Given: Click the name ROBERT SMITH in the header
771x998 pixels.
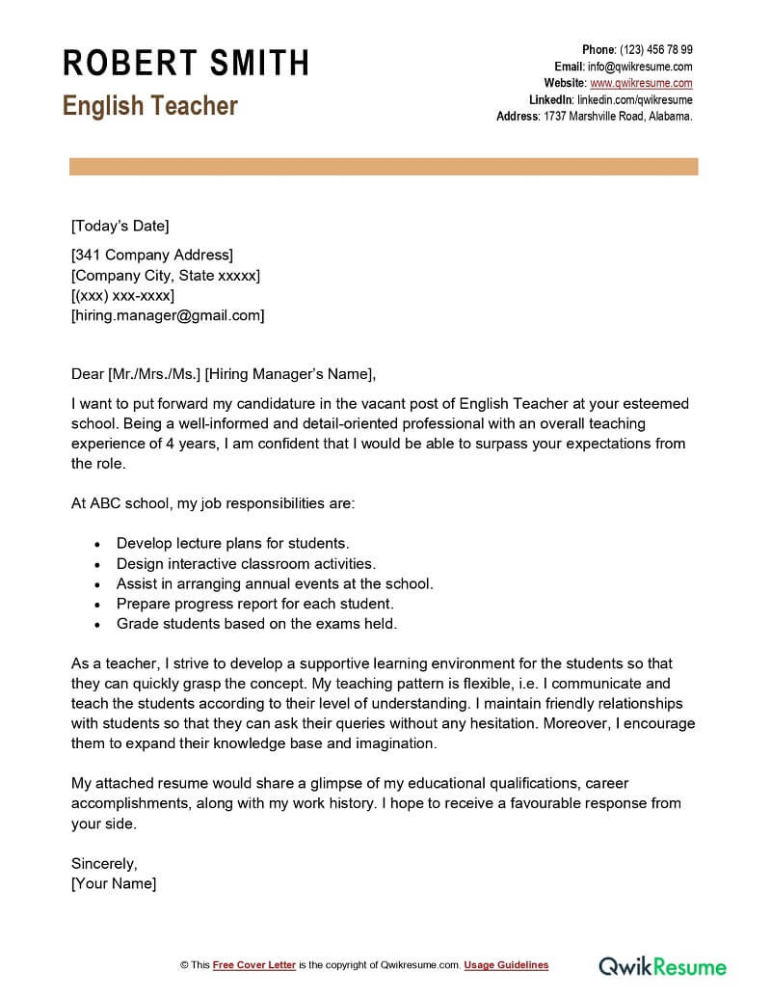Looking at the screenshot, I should pyautogui.click(x=186, y=63).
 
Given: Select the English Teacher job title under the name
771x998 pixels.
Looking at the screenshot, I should pyautogui.click(x=150, y=105).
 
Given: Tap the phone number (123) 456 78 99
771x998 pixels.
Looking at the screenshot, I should pyautogui.click(x=655, y=50).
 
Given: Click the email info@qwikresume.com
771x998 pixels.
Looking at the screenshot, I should pyautogui.click(x=640, y=67).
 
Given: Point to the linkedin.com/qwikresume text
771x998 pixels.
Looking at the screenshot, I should pyautogui.click(x=634, y=99).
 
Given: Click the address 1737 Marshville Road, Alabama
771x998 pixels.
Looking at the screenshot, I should pyautogui.click(x=617, y=116).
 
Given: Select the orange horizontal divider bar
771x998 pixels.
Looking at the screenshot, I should pyautogui.click(x=384, y=168).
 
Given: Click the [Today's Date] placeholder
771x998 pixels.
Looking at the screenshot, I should pyautogui.click(x=120, y=227).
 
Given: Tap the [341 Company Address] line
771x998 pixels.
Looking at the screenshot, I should pyautogui.click(x=152, y=256).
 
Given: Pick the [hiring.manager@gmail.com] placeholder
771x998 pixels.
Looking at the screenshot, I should pyautogui.click(x=168, y=315).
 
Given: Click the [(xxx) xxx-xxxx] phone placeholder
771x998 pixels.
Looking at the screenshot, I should pyautogui.click(x=122, y=295).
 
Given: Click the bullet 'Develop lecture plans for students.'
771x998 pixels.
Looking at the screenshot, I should pyautogui.click(x=232, y=543).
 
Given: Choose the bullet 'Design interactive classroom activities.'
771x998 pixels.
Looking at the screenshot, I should pyautogui.click(x=246, y=563).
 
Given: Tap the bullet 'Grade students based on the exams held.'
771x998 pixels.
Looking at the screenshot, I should pyautogui.click(x=256, y=624).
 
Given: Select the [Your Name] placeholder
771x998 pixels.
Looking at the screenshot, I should pyautogui.click(x=114, y=883).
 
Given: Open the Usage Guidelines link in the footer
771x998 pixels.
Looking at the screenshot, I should pyautogui.click(x=506, y=965).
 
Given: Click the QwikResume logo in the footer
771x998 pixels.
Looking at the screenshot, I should pyautogui.click(x=663, y=965).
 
